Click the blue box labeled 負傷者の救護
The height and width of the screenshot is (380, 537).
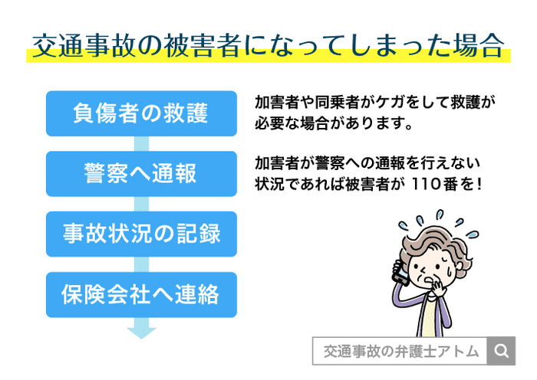tap(141, 113)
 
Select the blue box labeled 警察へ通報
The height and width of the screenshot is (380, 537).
tap(141, 173)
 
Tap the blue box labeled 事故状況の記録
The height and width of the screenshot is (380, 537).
tap(141, 234)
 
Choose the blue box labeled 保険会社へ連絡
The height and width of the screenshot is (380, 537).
tap(141, 294)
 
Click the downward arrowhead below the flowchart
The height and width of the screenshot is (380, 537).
tap(141, 331)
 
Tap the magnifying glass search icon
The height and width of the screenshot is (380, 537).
tap(502, 351)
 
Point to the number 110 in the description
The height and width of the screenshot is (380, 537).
tap(427, 184)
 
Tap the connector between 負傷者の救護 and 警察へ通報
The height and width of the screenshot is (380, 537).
tap(141, 143)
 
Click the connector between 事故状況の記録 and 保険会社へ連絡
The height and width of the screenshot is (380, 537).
tap(141, 264)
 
